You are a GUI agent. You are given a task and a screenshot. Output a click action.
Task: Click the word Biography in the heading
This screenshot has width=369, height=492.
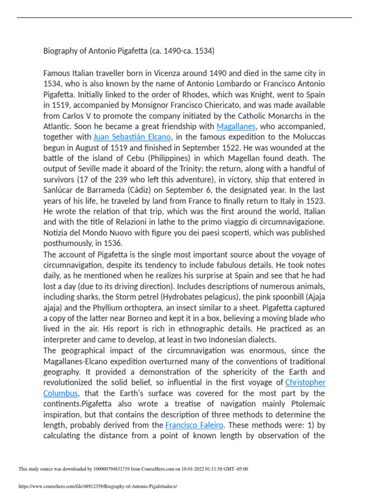60,51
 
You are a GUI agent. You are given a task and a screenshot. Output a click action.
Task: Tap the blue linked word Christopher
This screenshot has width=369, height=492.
305,382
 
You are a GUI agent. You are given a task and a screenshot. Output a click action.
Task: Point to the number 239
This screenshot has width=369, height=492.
124,179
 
